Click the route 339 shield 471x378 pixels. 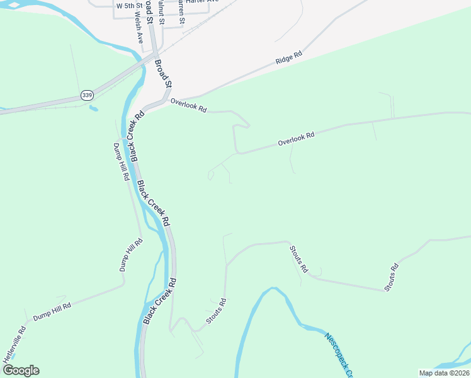pos(86,95)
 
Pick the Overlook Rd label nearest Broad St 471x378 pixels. pos(188,106)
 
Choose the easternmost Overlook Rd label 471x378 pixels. pos(296,139)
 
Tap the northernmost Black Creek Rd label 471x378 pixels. pos(133,136)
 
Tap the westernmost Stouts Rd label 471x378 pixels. pos(215,312)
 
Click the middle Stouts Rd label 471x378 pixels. pos(298,259)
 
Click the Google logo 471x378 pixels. pos(20,370)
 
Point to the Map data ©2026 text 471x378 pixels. pos(443,373)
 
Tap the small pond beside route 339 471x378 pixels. pos(93,108)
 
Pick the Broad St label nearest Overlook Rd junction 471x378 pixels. pos(163,74)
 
